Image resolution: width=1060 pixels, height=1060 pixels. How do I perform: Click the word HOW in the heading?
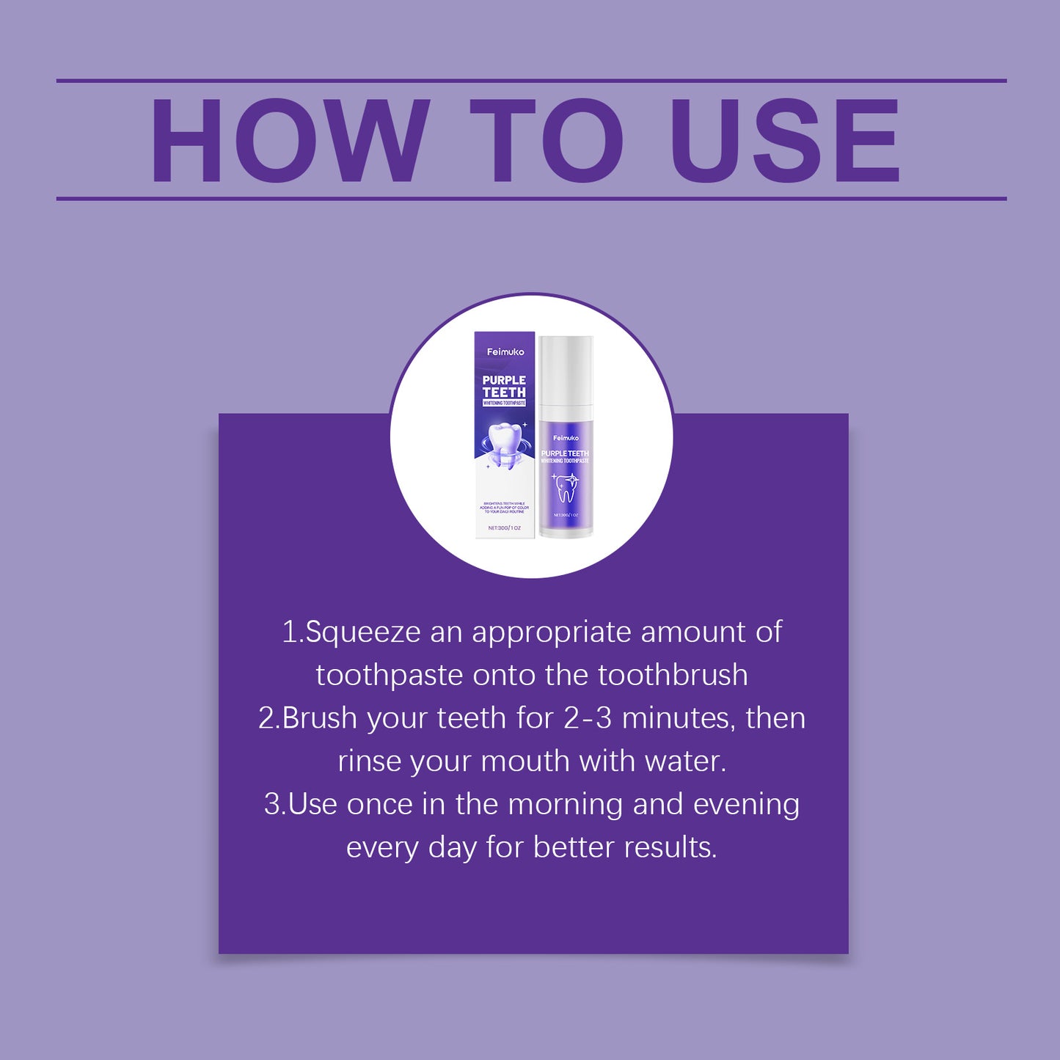(290, 140)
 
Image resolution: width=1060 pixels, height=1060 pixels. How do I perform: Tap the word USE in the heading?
(784, 140)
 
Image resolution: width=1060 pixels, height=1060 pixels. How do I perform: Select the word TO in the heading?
(547, 140)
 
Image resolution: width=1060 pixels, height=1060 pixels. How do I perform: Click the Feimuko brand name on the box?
(505, 352)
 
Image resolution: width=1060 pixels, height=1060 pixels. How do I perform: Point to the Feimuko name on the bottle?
(566, 438)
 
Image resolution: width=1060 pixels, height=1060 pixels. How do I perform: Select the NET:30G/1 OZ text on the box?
(505, 527)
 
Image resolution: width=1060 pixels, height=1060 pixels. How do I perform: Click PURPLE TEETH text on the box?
(504, 386)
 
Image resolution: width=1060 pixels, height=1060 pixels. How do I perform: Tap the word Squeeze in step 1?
(363, 632)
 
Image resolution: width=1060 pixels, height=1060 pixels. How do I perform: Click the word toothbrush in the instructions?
(673, 675)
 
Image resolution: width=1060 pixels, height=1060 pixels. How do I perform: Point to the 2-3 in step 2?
(588, 718)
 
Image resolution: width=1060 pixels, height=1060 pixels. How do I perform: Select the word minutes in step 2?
(678, 718)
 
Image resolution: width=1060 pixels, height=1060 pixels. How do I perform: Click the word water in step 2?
(685, 761)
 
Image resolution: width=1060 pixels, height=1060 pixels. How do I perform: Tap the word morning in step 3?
(566, 805)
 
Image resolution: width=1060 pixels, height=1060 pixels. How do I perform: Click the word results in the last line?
(670, 847)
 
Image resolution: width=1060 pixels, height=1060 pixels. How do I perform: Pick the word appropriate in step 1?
(552, 632)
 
